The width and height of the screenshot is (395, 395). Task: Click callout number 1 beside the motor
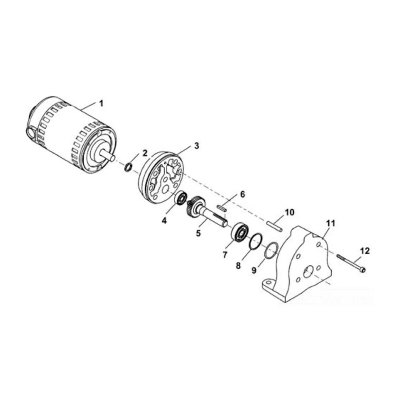pyautogui.click(x=101, y=103)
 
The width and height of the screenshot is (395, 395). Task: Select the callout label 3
pyautogui.click(x=196, y=146)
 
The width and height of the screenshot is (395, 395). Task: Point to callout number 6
pyautogui.click(x=242, y=195)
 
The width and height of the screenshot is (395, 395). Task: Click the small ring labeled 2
pyautogui.click(x=128, y=167)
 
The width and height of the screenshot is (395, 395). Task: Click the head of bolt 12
pyautogui.click(x=363, y=270)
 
